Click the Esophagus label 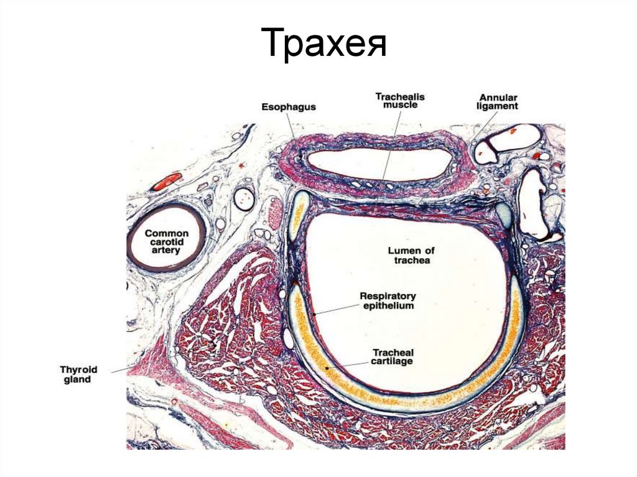click(x=288, y=107)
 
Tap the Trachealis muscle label click(x=400, y=101)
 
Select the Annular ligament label click(x=498, y=102)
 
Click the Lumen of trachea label click(x=411, y=255)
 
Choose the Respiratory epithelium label click(x=387, y=301)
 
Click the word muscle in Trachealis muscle click(x=400, y=106)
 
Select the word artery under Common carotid click(x=166, y=251)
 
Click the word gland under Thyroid click(x=77, y=379)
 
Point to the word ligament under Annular click(x=498, y=107)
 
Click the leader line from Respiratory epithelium click(x=336, y=309)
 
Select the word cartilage click(x=393, y=361)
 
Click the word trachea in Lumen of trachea click(x=411, y=261)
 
